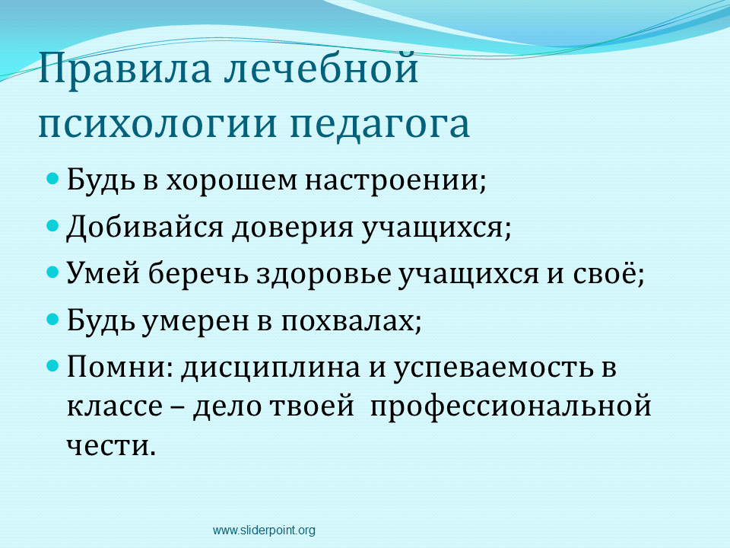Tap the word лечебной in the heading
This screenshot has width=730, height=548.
coord(321,68)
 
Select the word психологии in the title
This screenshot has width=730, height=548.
coord(158,125)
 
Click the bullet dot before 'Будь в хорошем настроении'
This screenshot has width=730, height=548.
coord(53,178)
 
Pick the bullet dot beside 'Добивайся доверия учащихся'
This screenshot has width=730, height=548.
coord(53,225)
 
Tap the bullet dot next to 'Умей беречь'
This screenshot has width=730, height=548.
coord(53,272)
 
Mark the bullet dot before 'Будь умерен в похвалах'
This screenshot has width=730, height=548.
coord(53,319)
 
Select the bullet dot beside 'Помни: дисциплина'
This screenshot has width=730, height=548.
coord(53,366)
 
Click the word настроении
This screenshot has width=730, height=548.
coord(392,180)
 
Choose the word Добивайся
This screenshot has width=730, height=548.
coord(144,228)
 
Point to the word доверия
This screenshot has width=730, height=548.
coord(293,229)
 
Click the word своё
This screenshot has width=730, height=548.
coord(605,272)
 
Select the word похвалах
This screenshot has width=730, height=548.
coord(348,320)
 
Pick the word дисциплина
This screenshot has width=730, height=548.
coord(271,369)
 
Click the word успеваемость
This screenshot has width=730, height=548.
coord(494,368)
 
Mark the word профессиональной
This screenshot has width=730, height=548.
coord(511,406)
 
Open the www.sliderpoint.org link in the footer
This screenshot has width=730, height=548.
coord(264,530)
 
